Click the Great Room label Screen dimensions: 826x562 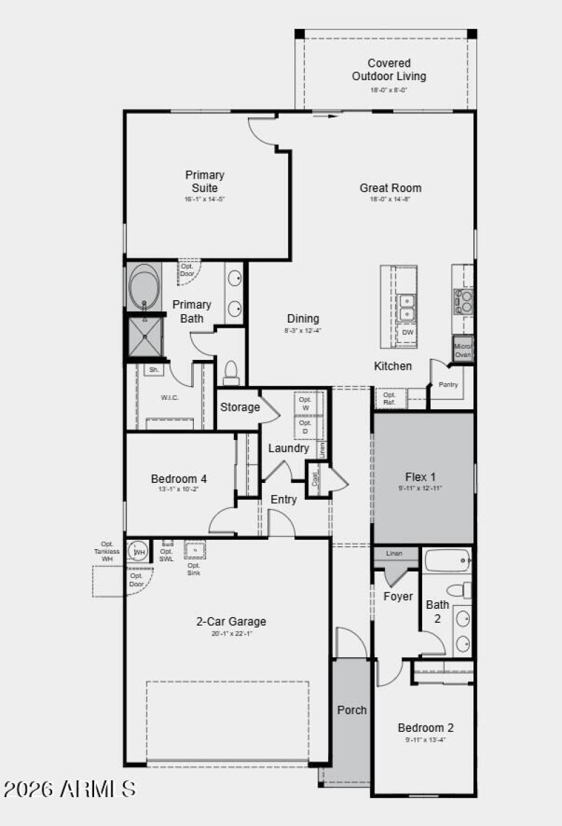pyautogui.click(x=391, y=188)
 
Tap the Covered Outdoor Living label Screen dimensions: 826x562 pyautogui.click(x=388, y=70)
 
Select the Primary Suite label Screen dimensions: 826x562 pyautogui.click(x=204, y=181)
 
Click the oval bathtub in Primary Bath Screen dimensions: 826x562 pyautogui.click(x=145, y=287)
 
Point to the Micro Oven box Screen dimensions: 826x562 pyautogui.click(x=462, y=349)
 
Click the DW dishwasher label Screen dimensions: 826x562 pyautogui.click(x=407, y=333)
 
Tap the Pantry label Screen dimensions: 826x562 pyautogui.click(x=448, y=385)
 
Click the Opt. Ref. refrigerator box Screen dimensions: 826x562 pyautogui.click(x=389, y=399)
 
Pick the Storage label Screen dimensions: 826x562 pyautogui.click(x=240, y=407)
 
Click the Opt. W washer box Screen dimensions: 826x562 pyautogui.click(x=305, y=404)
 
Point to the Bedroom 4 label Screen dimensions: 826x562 pyautogui.click(x=178, y=479)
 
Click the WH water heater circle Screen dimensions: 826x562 pyautogui.click(x=139, y=552)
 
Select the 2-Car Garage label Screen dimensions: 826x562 pyautogui.click(x=230, y=621)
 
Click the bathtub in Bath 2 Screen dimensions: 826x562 pyautogui.click(x=447, y=561)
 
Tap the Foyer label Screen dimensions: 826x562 pyautogui.click(x=398, y=597)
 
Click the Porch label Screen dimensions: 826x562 pyautogui.click(x=351, y=710)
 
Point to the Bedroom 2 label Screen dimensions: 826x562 pyautogui.click(x=426, y=728)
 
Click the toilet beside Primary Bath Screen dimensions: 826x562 pyautogui.click(x=231, y=373)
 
